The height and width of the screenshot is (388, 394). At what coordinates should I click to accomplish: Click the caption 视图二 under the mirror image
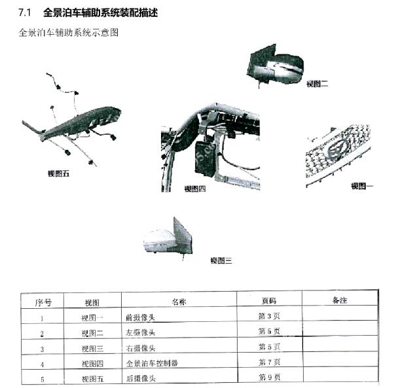[x=317, y=84]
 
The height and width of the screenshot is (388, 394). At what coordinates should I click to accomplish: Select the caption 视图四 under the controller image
[x=194, y=189]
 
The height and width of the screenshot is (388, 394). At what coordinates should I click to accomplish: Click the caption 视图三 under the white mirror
[x=221, y=260]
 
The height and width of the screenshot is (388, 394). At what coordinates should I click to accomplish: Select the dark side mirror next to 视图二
[x=275, y=64]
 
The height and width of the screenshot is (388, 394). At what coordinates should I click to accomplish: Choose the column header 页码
[x=268, y=302]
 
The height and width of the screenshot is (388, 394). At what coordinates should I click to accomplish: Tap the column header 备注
[x=339, y=300]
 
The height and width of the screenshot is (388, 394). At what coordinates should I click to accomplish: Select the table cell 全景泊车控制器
[x=152, y=362]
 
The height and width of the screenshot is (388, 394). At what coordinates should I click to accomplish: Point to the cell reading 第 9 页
[x=269, y=377]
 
